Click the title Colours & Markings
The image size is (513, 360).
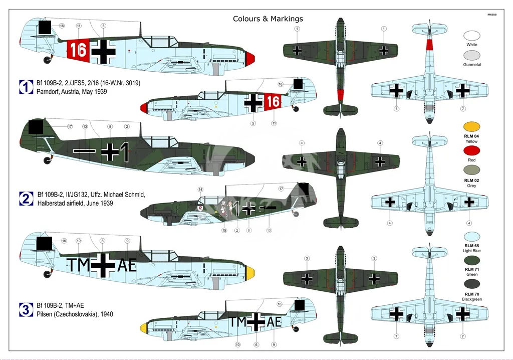pyautogui.click(x=268, y=19)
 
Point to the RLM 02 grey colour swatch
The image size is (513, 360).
pyautogui.click(x=471, y=171)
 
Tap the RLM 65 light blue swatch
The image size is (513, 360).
pyautogui.click(x=471, y=236)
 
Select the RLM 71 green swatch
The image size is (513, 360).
pyautogui.click(x=471, y=261)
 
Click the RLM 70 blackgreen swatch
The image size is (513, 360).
pyautogui.click(x=471, y=284)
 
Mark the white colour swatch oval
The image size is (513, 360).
pyautogui.click(x=471, y=36)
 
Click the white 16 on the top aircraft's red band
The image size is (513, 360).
pyautogui.click(x=79, y=50)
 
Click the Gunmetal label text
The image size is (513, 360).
pyautogui.click(x=471, y=65)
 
